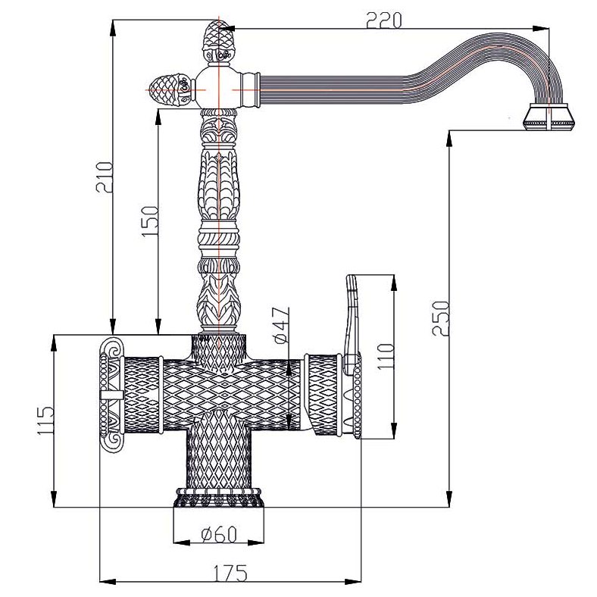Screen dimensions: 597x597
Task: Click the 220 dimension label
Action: tap(384, 20)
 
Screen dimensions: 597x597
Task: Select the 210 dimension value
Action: tap(105, 177)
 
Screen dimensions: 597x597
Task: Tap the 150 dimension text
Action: tap(149, 221)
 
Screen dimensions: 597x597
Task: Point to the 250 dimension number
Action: tap(440, 318)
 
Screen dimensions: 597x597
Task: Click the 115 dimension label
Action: tap(45, 420)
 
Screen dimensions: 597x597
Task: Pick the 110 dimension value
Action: tap(385, 356)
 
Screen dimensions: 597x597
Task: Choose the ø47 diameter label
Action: tap(281, 325)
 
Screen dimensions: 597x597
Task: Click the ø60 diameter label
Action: tap(219, 534)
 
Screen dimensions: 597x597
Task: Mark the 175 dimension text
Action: tap(230, 573)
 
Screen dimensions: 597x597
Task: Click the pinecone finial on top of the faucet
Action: tap(218, 41)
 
